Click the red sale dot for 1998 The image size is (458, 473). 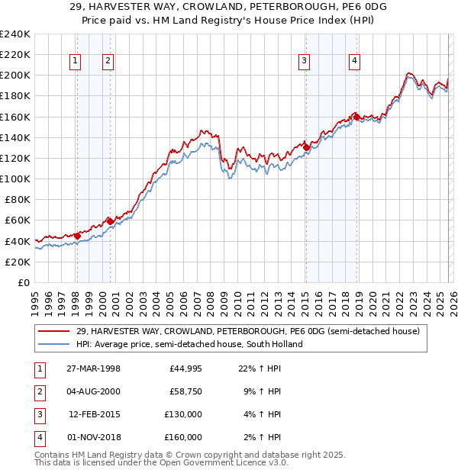coord(77,236)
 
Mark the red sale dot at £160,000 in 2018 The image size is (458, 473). coord(356,117)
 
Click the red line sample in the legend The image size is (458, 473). coord(53,332)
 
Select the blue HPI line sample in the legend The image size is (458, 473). coord(53,344)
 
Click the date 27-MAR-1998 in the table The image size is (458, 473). coord(93,368)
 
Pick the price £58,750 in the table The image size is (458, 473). coord(185,392)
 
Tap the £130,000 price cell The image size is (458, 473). coord(184,415)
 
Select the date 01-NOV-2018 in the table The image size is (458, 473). coord(93,438)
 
